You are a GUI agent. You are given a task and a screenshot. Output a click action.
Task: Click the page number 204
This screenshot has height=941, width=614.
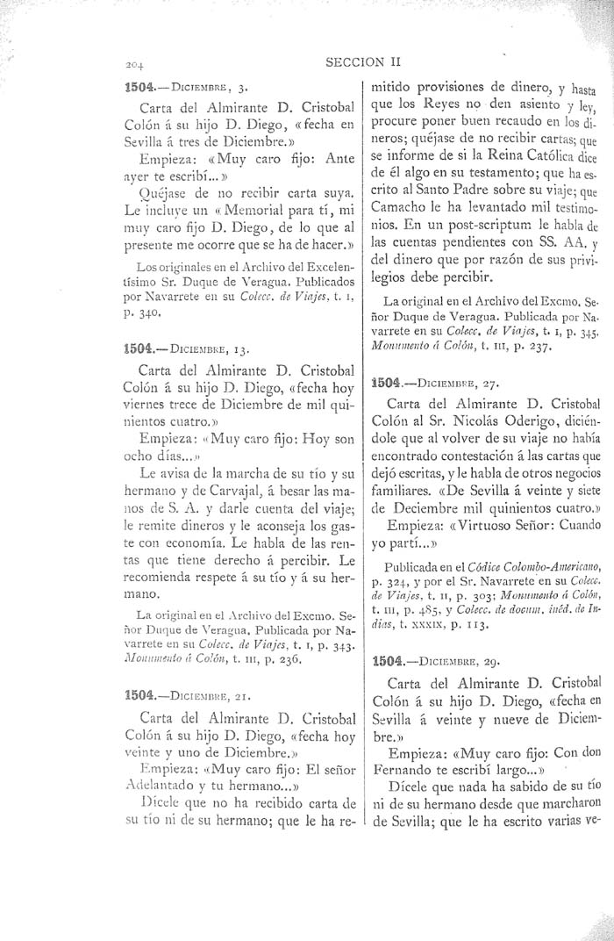pos(134,65)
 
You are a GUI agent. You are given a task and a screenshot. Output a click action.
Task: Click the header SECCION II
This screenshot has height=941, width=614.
pos(362,62)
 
